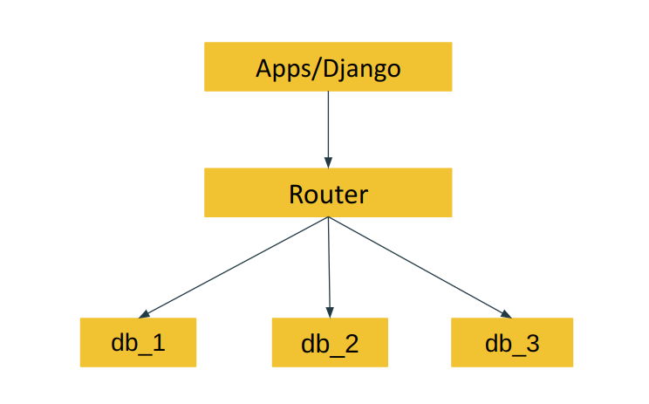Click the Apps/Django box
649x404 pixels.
(328, 67)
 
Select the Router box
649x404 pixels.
(328, 193)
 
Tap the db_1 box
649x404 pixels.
(138, 342)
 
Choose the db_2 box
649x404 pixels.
(330, 342)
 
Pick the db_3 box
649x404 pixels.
(512, 342)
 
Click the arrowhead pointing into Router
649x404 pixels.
(328, 162)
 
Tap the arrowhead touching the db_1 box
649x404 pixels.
(145, 314)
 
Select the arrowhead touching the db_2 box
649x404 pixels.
(330, 312)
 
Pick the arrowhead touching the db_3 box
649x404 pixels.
(505, 314)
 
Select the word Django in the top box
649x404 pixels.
(361, 68)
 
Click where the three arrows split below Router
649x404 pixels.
(328, 218)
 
